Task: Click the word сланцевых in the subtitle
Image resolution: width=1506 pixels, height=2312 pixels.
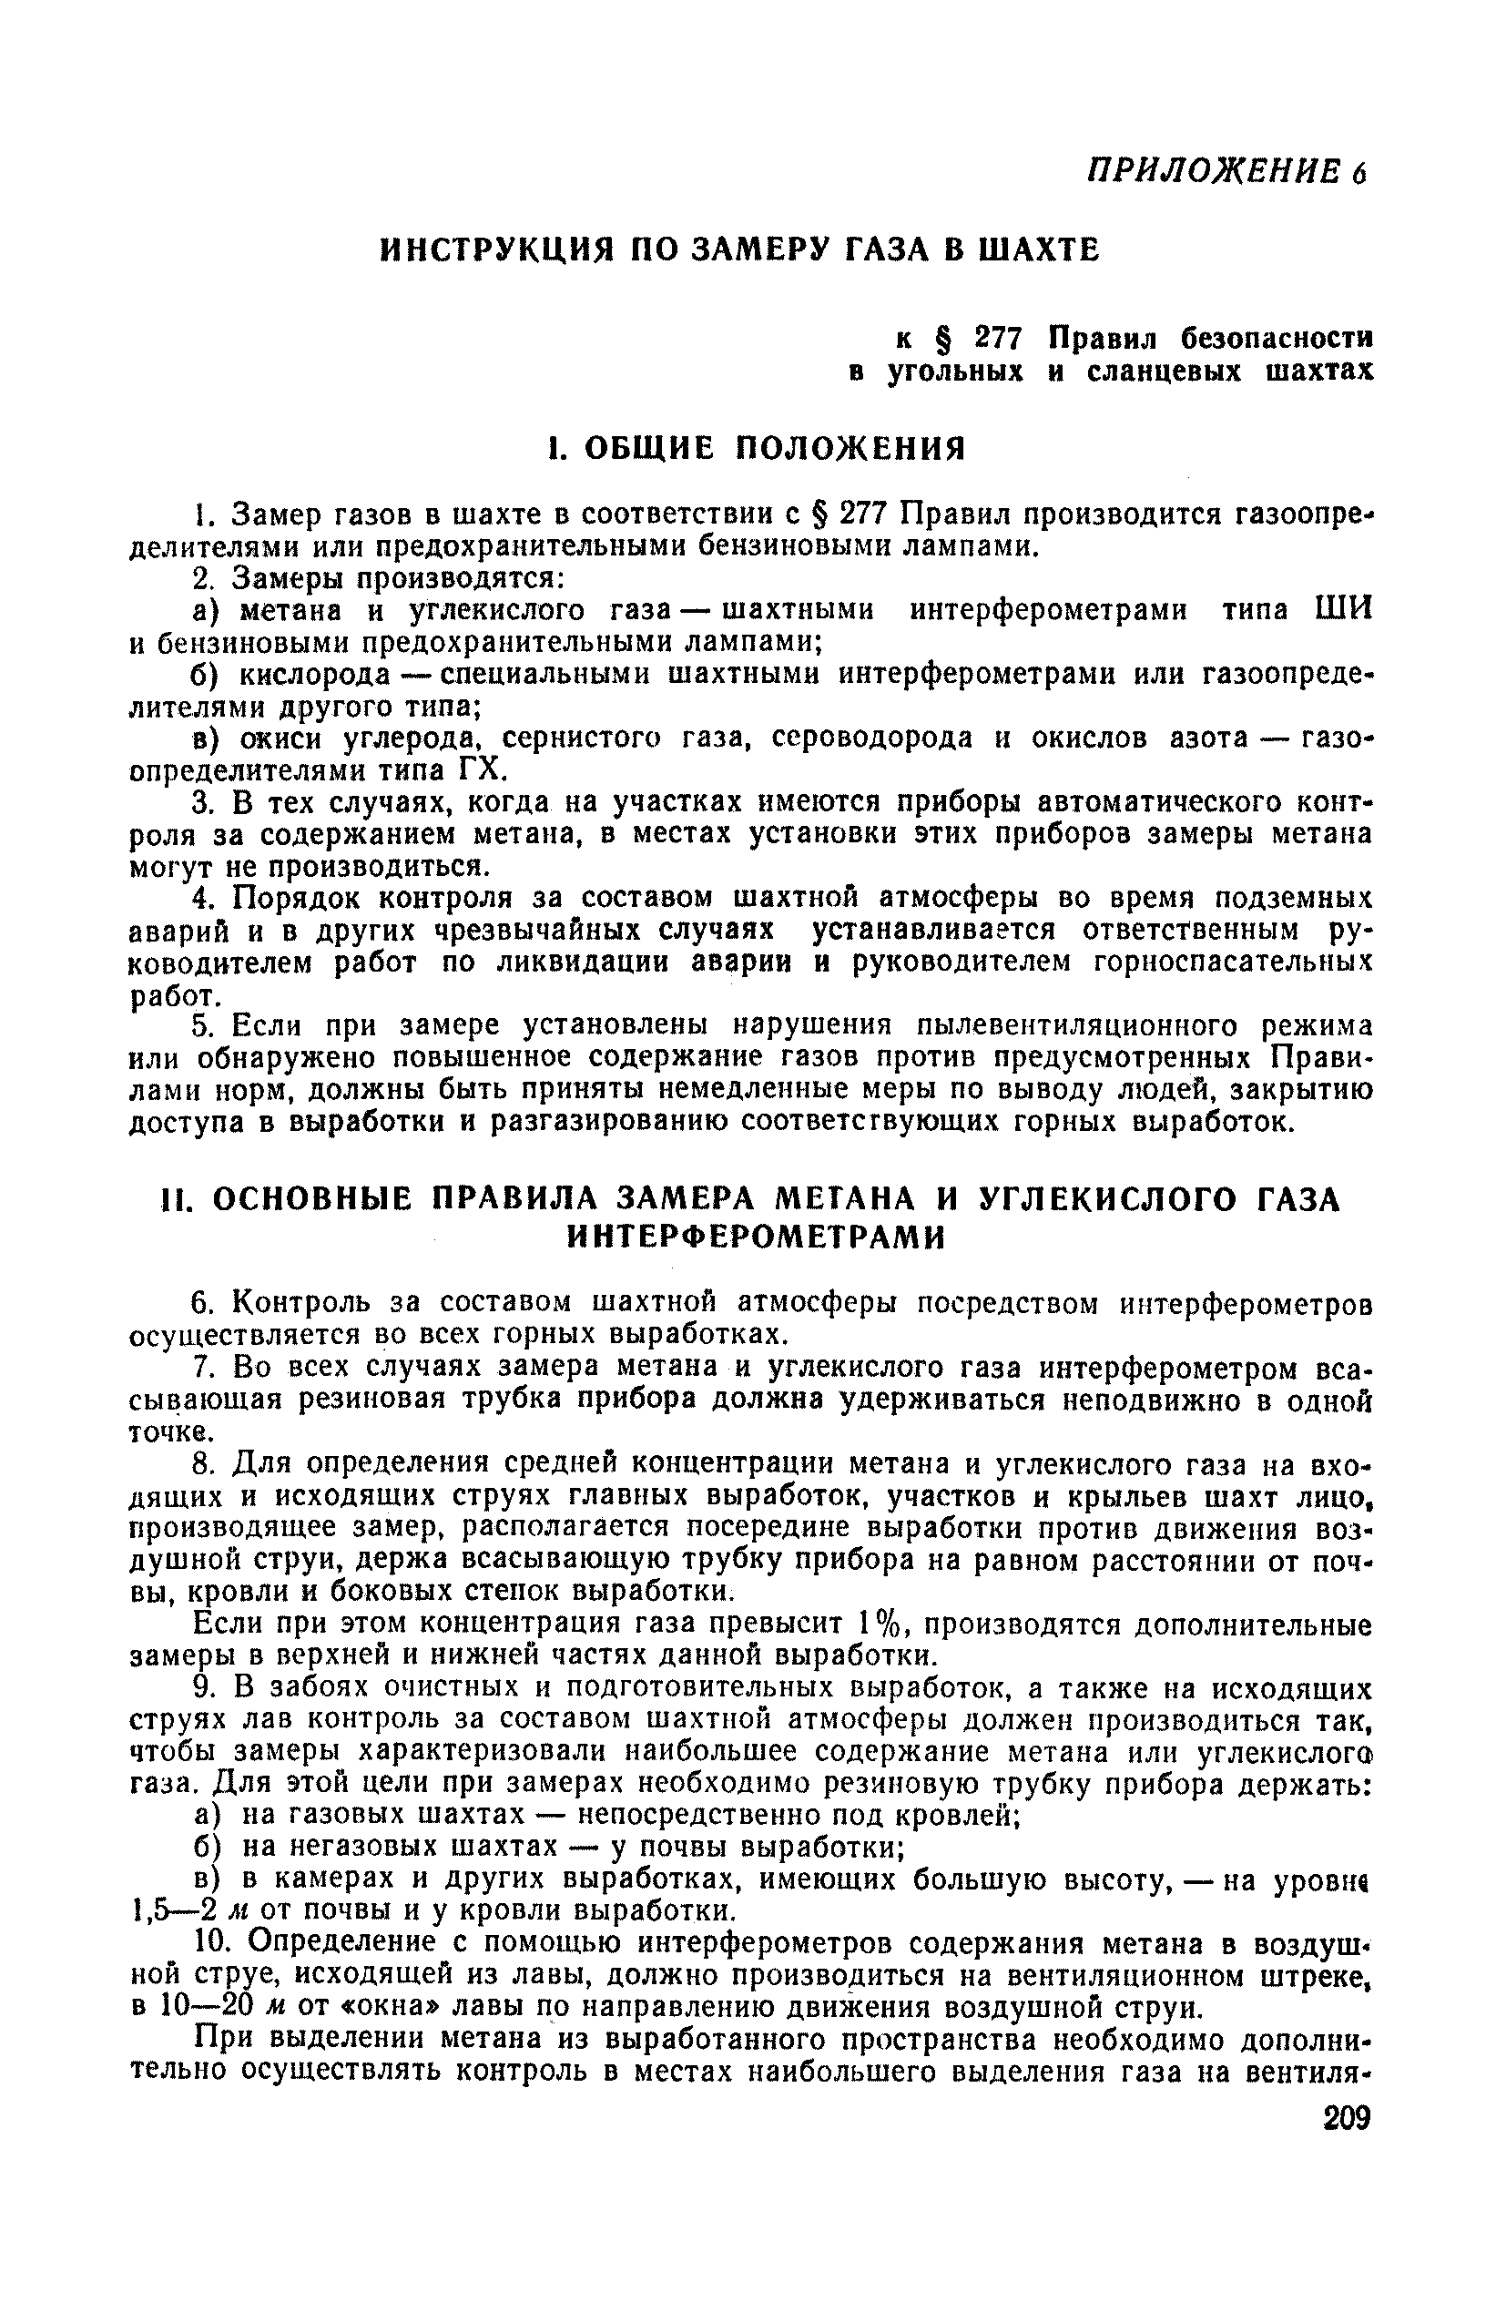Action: (x=1166, y=372)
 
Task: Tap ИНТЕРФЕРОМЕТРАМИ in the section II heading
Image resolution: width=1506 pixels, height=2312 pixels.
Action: (x=755, y=1237)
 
